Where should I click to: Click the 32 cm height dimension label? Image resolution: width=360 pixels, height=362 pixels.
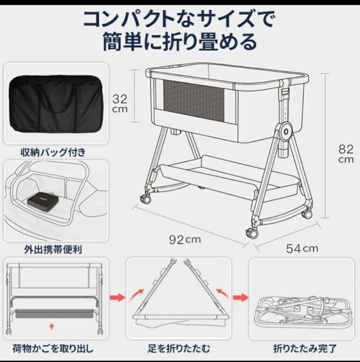pyautogui.click(x=119, y=104)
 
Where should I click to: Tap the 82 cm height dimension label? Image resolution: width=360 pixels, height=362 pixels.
pyautogui.click(x=345, y=154)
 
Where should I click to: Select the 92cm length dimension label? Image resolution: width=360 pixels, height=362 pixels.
pyautogui.click(x=184, y=239)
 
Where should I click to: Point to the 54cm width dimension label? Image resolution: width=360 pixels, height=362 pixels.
pyautogui.click(x=302, y=249)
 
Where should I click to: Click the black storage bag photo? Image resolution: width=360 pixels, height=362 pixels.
pyautogui.click(x=56, y=104)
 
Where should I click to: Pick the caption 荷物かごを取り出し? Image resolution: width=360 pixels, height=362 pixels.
pyautogui.click(x=53, y=348)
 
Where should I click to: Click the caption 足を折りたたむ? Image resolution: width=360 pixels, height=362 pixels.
pyautogui.click(x=179, y=348)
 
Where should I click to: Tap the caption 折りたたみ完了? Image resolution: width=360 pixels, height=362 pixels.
pyautogui.click(x=305, y=348)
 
